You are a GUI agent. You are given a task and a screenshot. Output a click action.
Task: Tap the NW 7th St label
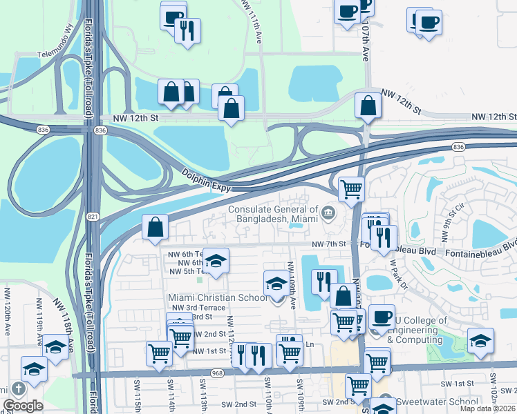pos(328,244)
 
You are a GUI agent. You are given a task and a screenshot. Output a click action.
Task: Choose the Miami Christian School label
pos(218,297)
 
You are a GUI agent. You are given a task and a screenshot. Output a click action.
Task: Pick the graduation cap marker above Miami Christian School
pos(276,283)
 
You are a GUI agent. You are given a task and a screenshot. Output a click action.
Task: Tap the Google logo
pos(23,406)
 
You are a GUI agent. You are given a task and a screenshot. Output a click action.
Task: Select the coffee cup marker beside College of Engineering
pos(381,317)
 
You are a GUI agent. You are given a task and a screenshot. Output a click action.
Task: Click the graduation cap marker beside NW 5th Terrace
pos(216,261)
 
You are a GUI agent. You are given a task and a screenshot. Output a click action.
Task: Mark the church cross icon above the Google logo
pos(17,388)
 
